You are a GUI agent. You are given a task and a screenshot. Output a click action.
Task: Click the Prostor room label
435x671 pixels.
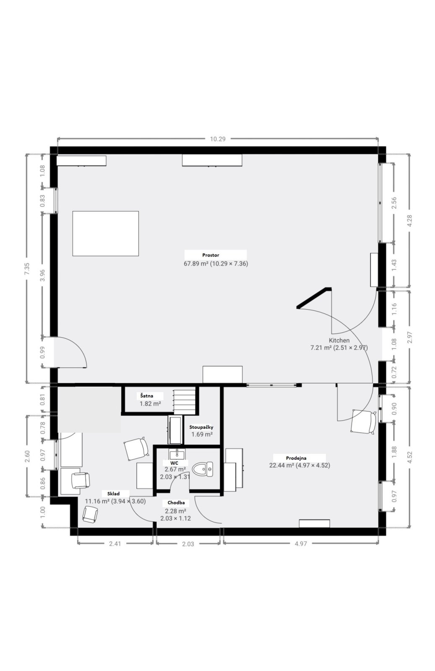point(211,255)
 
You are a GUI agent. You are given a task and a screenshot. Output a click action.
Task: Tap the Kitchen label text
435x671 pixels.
point(339,340)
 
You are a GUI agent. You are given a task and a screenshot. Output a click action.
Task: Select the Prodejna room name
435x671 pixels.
point(296,458)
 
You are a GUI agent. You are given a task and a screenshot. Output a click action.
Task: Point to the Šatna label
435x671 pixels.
point(147,396)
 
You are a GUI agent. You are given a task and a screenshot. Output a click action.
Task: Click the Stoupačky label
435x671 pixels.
point(201,427)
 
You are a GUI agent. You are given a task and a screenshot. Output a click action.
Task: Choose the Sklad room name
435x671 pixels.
point(114,494)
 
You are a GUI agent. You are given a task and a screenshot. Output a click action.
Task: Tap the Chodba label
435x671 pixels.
point(176,503)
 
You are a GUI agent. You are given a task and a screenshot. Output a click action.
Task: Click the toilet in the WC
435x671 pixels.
point(203,469)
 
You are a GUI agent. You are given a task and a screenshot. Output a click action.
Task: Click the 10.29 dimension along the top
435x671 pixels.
point(218,139)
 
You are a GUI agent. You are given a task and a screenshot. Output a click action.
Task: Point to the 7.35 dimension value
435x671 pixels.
point(27,269)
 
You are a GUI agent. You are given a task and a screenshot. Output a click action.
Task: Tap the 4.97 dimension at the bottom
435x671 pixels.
point(301,544)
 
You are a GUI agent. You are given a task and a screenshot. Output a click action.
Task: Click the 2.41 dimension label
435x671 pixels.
point(115,544)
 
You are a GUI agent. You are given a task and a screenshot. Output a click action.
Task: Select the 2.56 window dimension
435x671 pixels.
point(394,203)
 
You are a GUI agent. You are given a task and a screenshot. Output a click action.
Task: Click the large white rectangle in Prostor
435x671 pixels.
point(105,233)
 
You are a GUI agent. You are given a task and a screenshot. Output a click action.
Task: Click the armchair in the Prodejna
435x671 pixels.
point(364,421)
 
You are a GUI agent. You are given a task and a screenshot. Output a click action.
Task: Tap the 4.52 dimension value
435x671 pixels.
point(410,457)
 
